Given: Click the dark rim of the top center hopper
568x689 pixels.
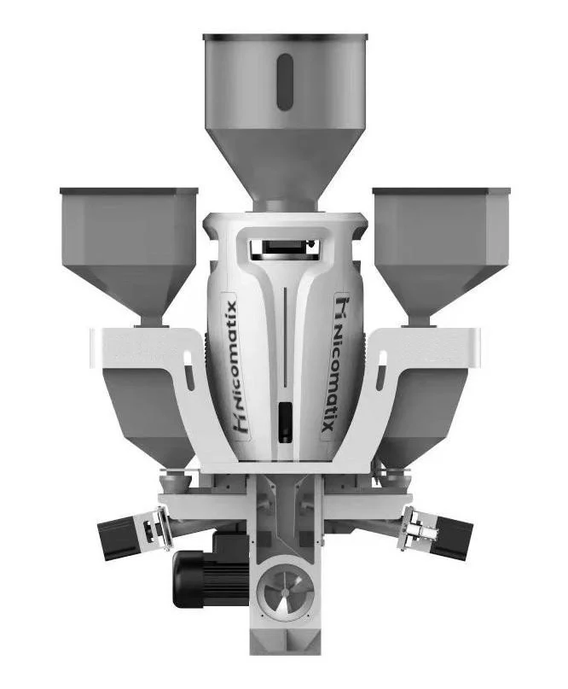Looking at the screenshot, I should (285, 38).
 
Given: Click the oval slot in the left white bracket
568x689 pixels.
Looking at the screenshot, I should (188, 377).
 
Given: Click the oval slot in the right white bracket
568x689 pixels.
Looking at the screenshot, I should (380, 377).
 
